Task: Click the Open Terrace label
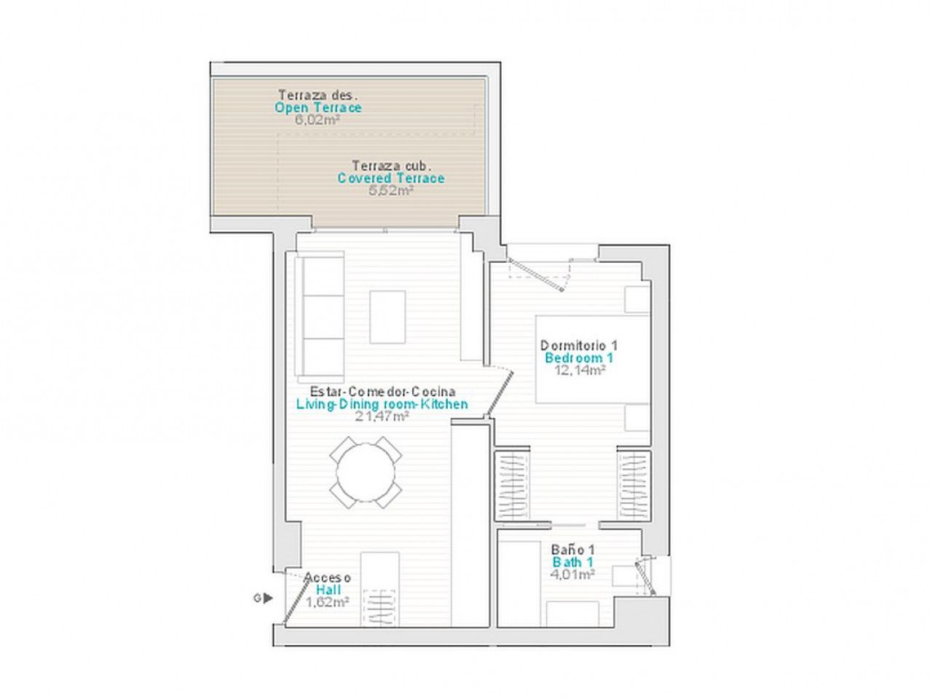pos(318,107)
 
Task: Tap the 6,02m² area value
pos(317,120)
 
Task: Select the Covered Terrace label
pos(391,178)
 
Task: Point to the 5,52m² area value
pos(391,190)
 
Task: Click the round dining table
pos(366,472)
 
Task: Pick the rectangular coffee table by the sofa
pos(387,317)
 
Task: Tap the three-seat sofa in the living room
pos(320,316)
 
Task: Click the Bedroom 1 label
pos(579,358)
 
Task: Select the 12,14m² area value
pos(580,370)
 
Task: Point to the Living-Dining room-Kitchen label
pos(382,403)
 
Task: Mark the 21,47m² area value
pos(382,416)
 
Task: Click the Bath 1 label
pos(573,562)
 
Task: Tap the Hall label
pos(328,590)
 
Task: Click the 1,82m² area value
pos(328,602)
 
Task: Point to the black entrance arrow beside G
pos(268,599)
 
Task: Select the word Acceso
pos(328,577)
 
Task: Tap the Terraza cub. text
pos(392,165)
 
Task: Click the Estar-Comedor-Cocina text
pos(382,391)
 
